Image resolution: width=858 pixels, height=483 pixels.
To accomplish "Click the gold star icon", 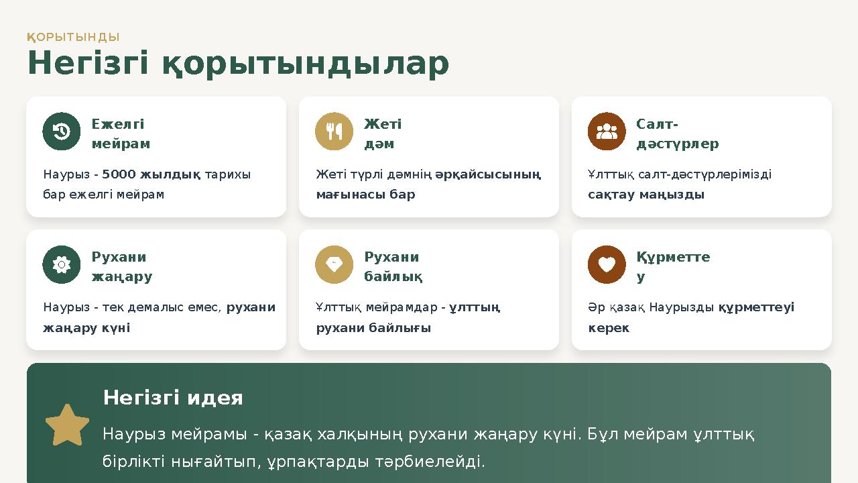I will point(67,425).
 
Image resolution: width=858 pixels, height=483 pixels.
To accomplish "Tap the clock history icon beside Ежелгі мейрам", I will point(62,131).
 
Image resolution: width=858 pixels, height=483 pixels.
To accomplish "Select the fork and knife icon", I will point(334,131).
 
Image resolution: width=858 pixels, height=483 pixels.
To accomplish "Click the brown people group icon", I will point(607,131).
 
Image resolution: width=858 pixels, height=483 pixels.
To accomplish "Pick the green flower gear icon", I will point(62,265).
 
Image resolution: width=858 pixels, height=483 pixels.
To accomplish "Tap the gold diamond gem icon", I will point(334,265).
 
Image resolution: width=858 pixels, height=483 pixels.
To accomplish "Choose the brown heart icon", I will point(607,265).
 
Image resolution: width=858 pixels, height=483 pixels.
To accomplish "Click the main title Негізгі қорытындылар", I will point(238,64).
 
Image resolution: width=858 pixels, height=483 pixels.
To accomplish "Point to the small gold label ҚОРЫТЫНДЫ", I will point(73,37).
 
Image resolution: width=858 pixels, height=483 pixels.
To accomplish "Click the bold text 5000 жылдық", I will point(151,174).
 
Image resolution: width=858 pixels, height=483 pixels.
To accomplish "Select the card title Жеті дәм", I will point(383,134).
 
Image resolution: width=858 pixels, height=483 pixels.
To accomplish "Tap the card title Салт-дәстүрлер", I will point(677,134).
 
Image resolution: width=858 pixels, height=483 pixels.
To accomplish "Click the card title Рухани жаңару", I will point(121,267).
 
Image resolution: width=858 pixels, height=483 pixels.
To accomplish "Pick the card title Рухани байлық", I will point(393,267).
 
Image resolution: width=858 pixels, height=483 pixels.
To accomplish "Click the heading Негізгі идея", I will point(173,398).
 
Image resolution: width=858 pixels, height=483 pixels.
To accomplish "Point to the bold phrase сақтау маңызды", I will point(646,195).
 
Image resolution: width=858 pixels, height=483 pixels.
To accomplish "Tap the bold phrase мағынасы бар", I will point(365,195).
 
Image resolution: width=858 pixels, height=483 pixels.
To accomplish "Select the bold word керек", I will point(609,328).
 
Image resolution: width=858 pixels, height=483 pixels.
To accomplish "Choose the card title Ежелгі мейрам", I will point(121,134).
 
